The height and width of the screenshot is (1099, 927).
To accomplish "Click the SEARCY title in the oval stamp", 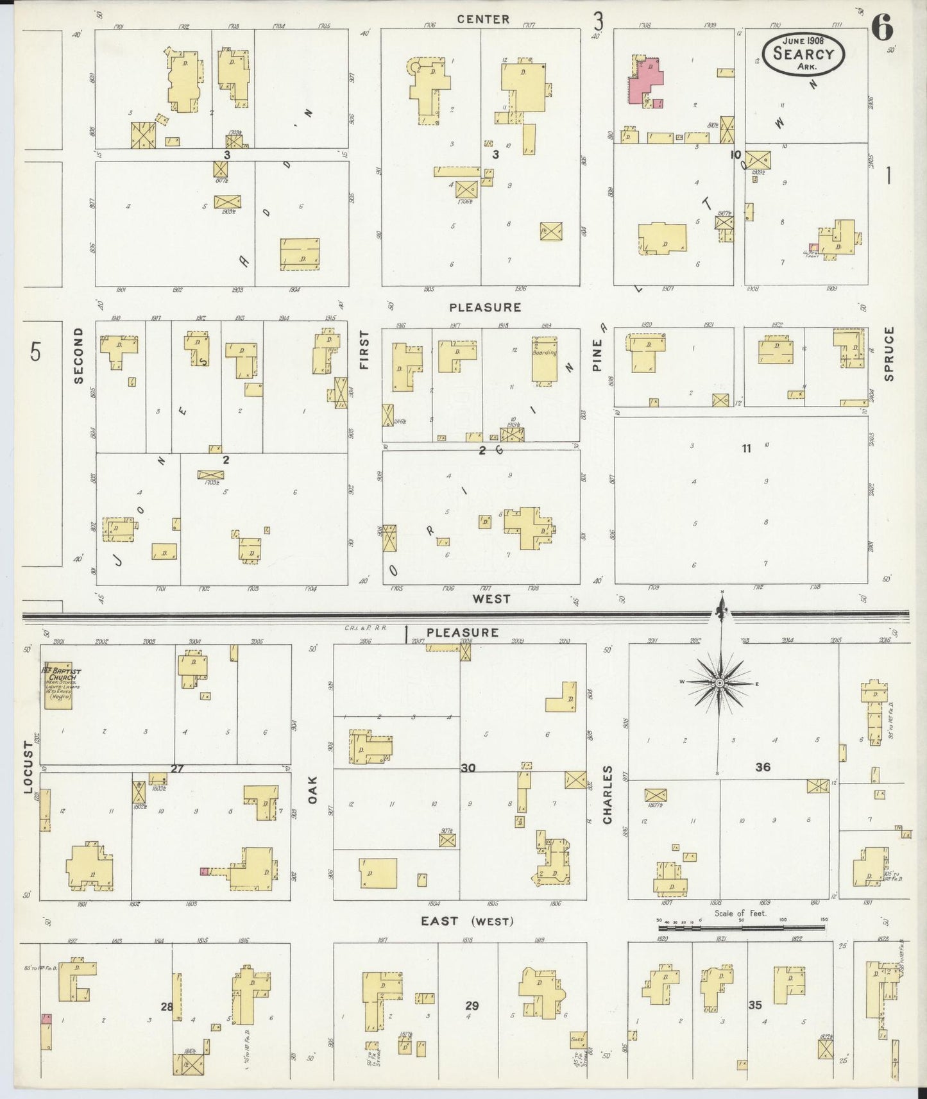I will point(803,53).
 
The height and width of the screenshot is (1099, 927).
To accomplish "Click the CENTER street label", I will point(483,19).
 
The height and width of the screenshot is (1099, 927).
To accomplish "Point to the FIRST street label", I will point(364,350).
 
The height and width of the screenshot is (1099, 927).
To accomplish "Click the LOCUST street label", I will point(28,768).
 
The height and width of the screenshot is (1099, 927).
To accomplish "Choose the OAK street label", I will point(313,789).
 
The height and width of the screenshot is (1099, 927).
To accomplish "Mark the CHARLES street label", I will point(607,794).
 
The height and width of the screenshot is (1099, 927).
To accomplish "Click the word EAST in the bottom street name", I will point(439,921).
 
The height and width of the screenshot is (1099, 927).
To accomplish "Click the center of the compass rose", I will point(720,684).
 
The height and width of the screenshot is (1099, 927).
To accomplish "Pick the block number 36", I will point(762,767).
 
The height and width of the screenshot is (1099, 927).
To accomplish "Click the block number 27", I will point(177,768).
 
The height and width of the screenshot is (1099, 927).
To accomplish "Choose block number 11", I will point(746,449).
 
